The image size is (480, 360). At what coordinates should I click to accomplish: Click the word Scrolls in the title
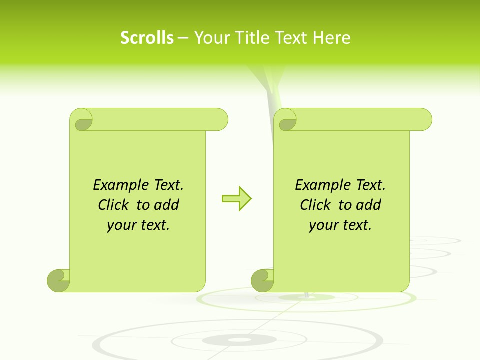coord(147,38)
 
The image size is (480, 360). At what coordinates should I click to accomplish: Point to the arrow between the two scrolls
coord(237,199)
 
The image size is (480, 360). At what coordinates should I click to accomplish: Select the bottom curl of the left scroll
coord(58,280)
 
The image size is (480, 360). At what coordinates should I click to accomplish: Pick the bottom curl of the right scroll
coord(262,280)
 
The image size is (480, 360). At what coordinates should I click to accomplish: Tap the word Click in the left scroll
coord(114,205)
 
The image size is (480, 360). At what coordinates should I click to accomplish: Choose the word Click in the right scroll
coord(316,205)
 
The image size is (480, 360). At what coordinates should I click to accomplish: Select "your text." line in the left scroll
coord(138,225)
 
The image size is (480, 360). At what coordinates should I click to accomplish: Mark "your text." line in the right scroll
coord(340,225)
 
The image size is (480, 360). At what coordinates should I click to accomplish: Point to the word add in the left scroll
coord(166,205)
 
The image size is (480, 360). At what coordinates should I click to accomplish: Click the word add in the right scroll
coord(368,205)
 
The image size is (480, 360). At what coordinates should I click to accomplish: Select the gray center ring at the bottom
coord(240,340)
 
